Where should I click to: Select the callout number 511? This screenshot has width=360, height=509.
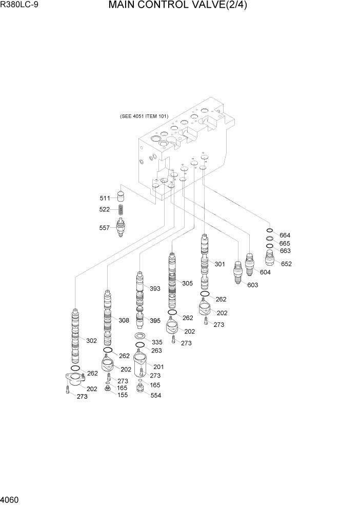coord(105,198)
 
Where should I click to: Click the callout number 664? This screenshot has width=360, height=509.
coord(285,234)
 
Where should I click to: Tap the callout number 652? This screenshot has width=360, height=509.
coord(286,264)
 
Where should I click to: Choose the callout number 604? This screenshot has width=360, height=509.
coord(265,272)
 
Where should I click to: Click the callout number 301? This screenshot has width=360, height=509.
coord(220,264)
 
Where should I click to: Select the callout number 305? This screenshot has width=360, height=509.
coord(187,283)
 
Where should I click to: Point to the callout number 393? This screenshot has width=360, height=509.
coord(155,288)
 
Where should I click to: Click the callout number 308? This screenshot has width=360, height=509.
coord(124,320)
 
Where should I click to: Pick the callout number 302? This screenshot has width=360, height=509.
coord(91,340)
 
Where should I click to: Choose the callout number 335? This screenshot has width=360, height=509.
coord(157,341)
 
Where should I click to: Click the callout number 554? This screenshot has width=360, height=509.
coord(155,395)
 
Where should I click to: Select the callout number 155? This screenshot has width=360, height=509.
coord(123,395)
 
